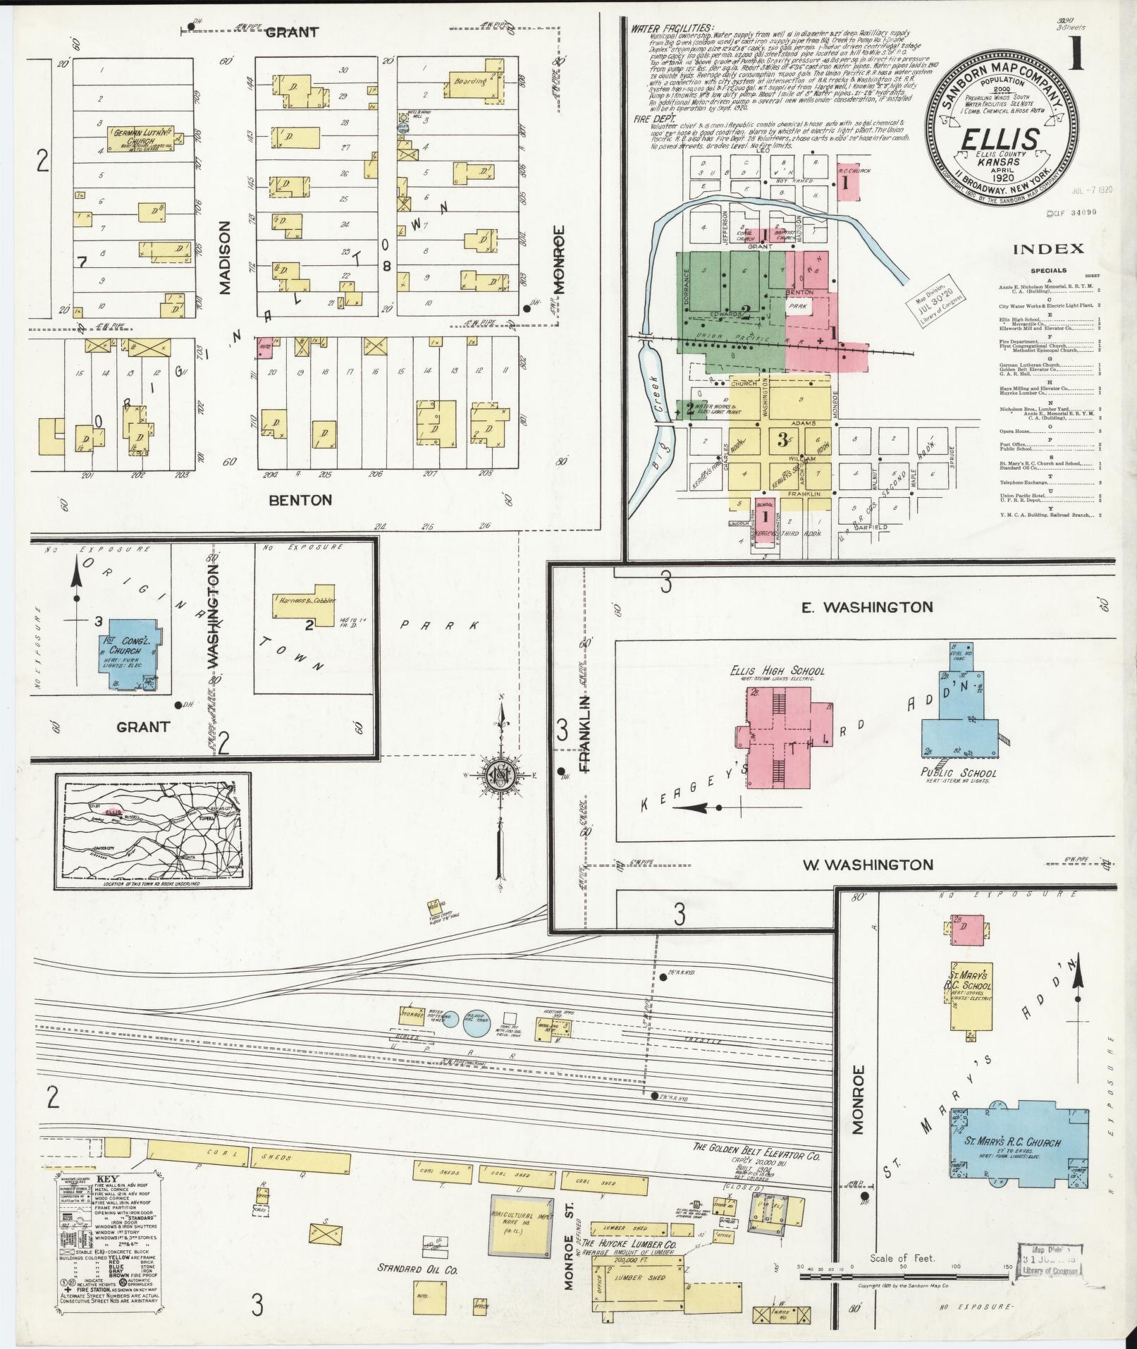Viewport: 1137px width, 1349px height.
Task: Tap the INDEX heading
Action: tap(1048, 249)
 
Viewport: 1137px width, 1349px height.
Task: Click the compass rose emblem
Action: tap(501, 776)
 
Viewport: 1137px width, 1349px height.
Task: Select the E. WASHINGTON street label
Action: tap(867, 606)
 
